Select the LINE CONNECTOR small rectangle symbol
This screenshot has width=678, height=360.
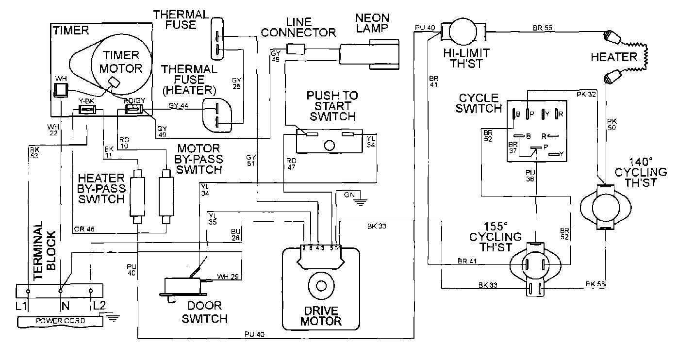(296, 49)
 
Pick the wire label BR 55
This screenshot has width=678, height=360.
(542, 28)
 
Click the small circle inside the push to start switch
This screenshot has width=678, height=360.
(330, 145)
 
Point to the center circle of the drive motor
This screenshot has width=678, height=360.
(320, 286)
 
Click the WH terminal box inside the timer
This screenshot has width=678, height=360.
(61, 90)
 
